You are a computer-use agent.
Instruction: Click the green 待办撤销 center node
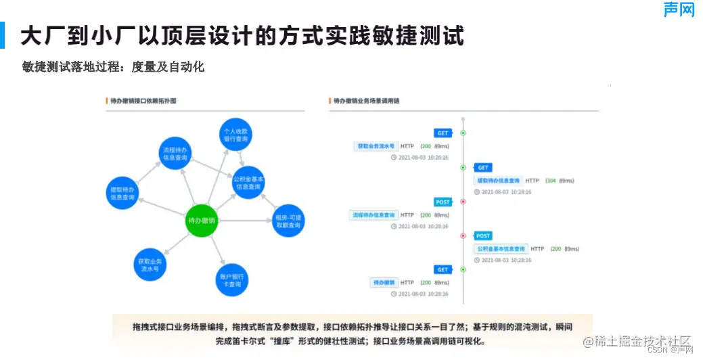pyautogui.click(x=201, y=221)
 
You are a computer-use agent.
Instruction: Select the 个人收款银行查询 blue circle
pyautogui.click(x=236, y=134)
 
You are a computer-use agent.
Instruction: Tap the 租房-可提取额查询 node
pyautogui.click(x=288, y=221)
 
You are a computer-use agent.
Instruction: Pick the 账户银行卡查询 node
pyautogui.click(x=231, y=280)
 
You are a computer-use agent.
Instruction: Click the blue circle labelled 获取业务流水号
pyautogui.click(x=150, y=265)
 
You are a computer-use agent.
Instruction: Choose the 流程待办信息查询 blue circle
pyautogui.click(x=176, y=155)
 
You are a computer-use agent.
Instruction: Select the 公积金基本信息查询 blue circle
pyautogui.click(x=248, y=183)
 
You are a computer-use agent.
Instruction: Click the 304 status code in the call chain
pyautogui.click(x=550, y=181)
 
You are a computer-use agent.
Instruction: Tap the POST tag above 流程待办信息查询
pyautogui.click(x=443, y=202)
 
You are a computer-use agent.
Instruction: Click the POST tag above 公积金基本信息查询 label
pyautogui.click(x=483, y=236)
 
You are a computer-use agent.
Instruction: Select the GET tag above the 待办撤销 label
pyautogui.click(x=443, y=270)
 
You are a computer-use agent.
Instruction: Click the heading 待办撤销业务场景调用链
pyautogui.click(x=365, y=101)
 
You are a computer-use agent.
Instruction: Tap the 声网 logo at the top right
pyautogui.click(x=679, y=9)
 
